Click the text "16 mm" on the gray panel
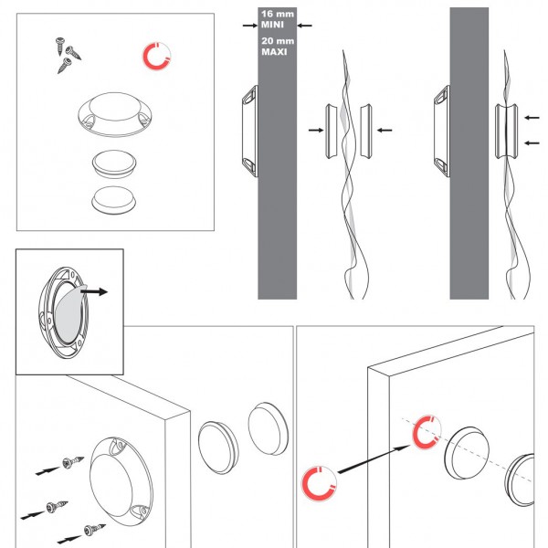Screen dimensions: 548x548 pos(278,14)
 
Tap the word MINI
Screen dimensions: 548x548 pos(272,25)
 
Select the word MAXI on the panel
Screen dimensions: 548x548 pos(274,52)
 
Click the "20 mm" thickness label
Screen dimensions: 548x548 pos(278,41)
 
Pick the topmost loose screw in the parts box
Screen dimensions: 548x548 pos(59,46)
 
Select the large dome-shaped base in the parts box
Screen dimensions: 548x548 pos(115,114)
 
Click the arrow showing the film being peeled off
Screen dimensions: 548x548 pos(94,291)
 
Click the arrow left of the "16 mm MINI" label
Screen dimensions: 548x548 pos(250,26)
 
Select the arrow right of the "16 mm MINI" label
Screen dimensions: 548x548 pos(304,26)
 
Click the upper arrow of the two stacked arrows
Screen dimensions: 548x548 pos(532,118)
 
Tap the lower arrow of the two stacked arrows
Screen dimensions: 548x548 pos(532,142)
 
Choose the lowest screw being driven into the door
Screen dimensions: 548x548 pos(94,530)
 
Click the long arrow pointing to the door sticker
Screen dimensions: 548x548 pos(374,459)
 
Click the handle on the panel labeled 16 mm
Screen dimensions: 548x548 pos(250,131)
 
